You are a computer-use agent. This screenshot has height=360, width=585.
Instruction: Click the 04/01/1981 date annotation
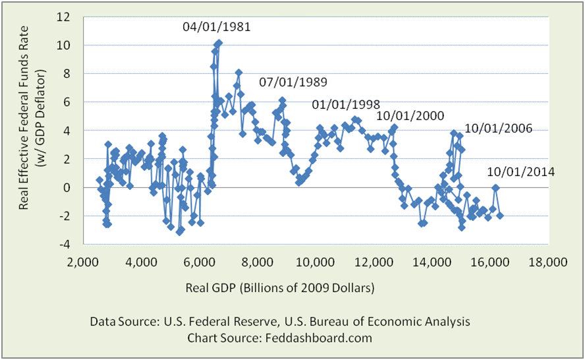pyautogui.click(x=217, y=28)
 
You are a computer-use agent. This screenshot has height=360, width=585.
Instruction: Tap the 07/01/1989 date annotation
pyautogui.click(x=292, y=83)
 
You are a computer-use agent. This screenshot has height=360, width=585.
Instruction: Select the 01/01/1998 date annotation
pyautogui.click(x=346, y=104)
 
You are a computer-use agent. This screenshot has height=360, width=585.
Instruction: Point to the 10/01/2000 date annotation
pyautogui.click(x=410, y=115)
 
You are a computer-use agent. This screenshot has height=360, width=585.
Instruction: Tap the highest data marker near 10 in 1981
pyautogui.click(x=219, y=43)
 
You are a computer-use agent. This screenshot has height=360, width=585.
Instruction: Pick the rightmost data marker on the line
pyautogui.click(x=500, y=216)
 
